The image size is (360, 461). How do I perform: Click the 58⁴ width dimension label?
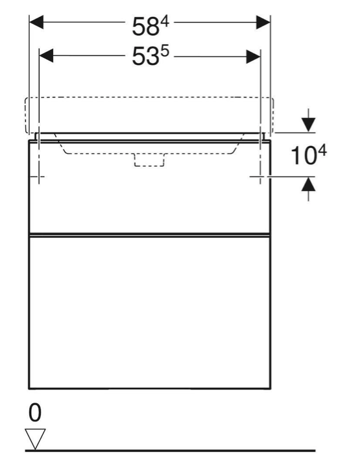150,26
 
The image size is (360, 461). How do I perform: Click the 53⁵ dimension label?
150,56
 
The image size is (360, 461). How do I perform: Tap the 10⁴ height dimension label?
309,155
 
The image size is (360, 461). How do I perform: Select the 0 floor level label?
35,412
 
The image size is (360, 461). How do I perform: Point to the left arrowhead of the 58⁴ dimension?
36,22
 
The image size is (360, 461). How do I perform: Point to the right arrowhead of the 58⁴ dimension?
263,22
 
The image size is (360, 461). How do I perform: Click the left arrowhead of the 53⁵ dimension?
46,56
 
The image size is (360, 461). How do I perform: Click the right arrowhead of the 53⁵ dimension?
254,56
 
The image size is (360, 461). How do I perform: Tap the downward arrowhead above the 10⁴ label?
308,125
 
